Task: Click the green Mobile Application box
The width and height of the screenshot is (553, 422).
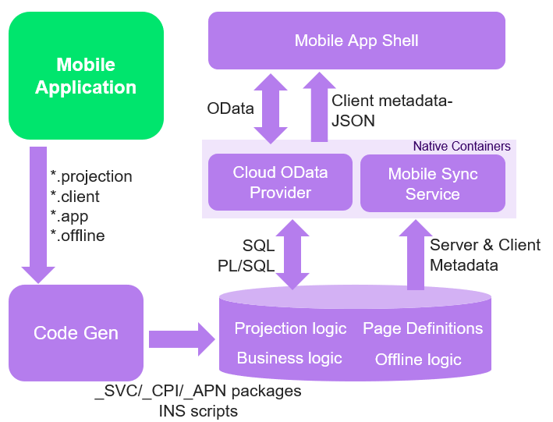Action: (86, 76)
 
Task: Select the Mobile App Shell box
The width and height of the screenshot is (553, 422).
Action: (356, 41)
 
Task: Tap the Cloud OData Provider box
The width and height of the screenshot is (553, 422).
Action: (281, 183)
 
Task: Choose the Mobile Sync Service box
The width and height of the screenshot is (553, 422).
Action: (433, 184)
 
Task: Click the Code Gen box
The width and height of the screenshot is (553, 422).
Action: (76, 333)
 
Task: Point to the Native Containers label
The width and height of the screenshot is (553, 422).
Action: (462, 146)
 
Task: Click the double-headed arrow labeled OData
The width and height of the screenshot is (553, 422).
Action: (271, 108)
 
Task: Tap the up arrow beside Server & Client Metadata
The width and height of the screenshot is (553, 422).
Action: (415, 254)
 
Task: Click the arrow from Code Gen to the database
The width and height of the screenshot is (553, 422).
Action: (181, 339)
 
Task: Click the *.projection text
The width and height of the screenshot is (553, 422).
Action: (91, 176)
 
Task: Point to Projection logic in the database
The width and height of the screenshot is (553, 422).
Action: (290, 328)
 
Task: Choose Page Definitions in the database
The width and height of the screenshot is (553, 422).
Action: (423, 328)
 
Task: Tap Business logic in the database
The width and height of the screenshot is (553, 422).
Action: (289, 358)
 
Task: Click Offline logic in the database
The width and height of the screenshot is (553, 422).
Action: (418, 360)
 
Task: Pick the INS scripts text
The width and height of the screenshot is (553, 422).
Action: (198, 410)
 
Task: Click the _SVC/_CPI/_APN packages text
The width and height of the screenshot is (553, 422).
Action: (198, 391)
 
